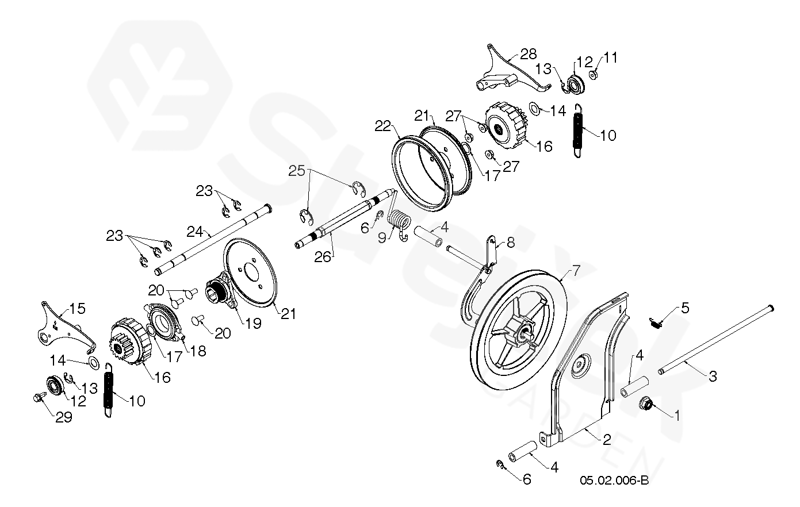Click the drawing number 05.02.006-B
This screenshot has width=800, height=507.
[x=614, y=480]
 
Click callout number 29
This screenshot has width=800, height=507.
[x=64, y=417]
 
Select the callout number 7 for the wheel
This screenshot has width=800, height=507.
[x=577, y=270]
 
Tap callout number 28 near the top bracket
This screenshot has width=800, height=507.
[x=528, y=54]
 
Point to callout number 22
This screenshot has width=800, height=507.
[x=383, y=126]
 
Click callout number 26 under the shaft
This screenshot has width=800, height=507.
[x=323, y=258]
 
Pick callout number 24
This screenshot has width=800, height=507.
[x=195, y=232]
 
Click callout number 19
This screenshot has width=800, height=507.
[x=253, y=324]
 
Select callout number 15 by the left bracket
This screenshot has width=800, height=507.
[x=77, y=309]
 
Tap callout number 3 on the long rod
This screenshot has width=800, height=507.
[x=712, y=377]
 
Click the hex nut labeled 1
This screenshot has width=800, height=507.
[x=647, y=405]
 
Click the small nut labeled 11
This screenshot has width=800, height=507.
[x=593, y=75]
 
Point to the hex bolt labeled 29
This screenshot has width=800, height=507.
[x=39, y=397]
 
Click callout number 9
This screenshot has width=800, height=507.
[x=382, y=238]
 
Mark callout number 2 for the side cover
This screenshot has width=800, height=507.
[x=607, y=440]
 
